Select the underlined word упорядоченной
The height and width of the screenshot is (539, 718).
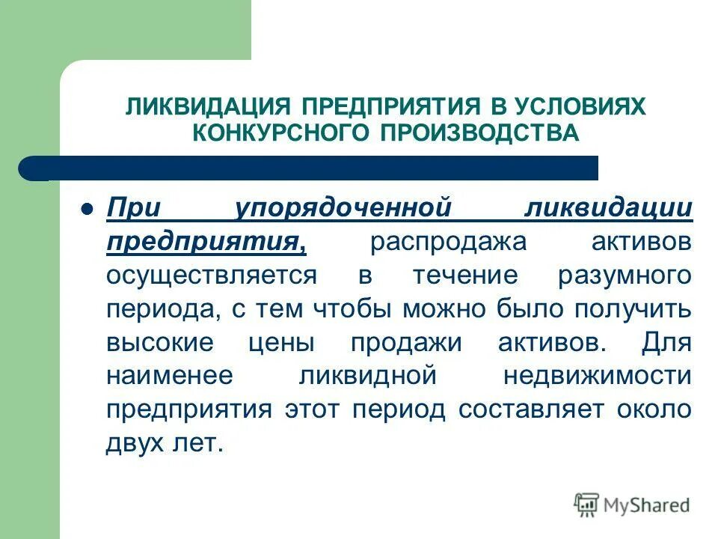pos(344,208)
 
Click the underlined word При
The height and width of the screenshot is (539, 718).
pos(132,208)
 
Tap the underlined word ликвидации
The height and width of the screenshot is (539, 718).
pos(607,208)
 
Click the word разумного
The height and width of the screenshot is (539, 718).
pos(624,275)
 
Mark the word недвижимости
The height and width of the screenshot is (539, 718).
pos(597,376)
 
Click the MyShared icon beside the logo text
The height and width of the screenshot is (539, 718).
pos(586,505)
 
